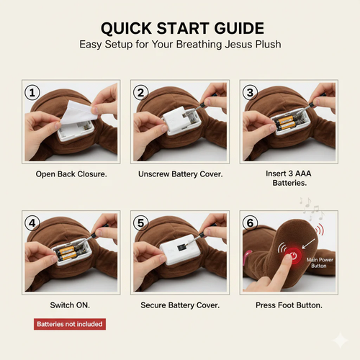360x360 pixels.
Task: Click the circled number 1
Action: [x=32, y=92]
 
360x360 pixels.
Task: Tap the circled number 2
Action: [x=141, y=92]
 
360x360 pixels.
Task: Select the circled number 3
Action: [x=250, y=92]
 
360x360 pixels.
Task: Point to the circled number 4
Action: [x=32, y=223]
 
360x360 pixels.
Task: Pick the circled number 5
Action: [x=141, y=223]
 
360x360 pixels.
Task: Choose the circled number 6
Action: [x=250, y=223]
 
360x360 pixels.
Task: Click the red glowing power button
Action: [x=293, y=256]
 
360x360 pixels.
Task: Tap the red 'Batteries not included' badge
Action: [x=70, y=324]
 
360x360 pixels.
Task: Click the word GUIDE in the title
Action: [x=239, y=28]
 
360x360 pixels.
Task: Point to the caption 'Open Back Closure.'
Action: [x=71, y=174]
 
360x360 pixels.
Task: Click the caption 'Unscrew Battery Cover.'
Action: [x=181, y=174]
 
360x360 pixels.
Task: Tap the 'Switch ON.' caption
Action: [x=70, y=305]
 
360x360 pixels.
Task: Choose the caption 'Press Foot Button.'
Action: [x=289, y=305]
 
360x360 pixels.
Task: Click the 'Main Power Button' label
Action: [x=320, y=263]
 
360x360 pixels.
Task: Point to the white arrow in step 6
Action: [x=308, y=243]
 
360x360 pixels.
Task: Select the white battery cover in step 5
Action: [x=180, y=250]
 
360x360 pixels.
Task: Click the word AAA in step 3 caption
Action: [x=303, y=174]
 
